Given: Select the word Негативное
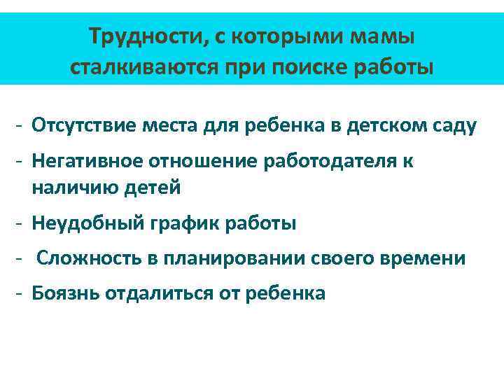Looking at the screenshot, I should pos(87,162).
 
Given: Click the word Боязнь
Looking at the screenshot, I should pos(65,293).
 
